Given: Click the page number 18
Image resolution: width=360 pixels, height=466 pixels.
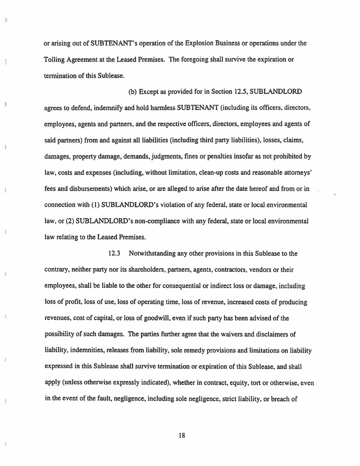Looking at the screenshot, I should click(x=182, y=435).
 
